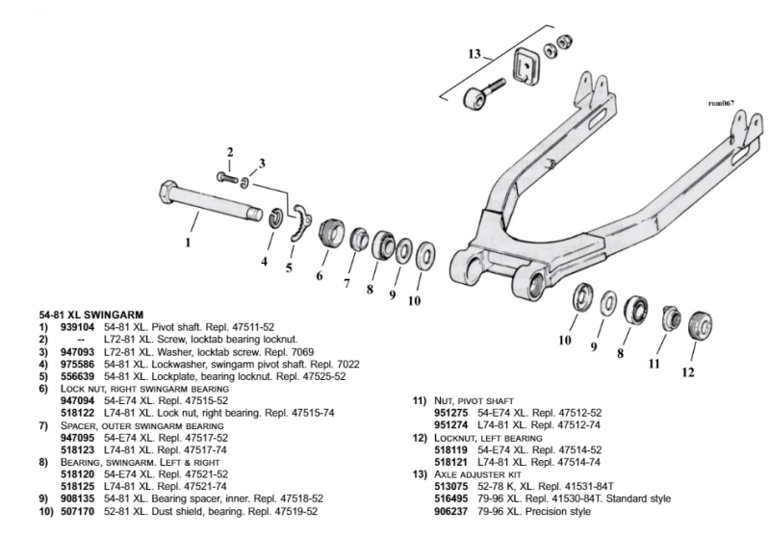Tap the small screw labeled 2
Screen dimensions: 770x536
227,177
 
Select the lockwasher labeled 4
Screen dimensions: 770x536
277,217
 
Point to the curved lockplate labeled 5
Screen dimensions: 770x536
300,223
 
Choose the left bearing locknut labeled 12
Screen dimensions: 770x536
701,325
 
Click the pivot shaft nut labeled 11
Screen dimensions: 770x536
671,318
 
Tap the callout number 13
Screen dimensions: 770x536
475,53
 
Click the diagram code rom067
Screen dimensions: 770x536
721,103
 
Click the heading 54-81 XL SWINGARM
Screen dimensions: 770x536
91,315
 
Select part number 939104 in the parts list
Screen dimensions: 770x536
77,327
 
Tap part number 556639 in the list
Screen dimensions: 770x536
77,376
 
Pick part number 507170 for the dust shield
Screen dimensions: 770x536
77,511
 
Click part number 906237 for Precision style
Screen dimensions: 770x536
450,511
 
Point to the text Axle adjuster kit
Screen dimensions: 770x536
477,474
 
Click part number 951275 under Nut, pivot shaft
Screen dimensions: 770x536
450,413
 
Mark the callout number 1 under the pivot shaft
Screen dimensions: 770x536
188,242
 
